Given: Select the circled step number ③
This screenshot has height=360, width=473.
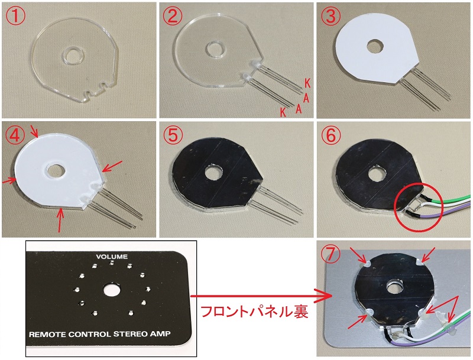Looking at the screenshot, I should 330,15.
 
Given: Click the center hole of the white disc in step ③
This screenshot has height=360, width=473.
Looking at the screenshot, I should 374,45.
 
